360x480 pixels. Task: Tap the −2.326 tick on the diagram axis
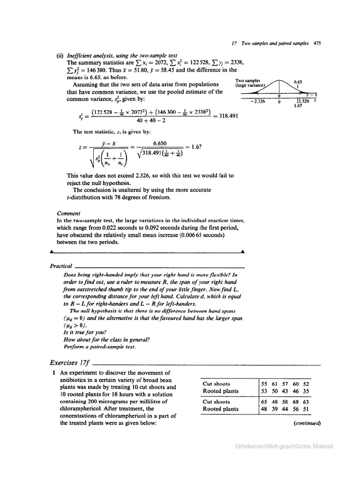pyautogui.click(x=258, y=101)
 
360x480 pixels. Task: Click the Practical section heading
pyautogui.click(x=61, y=266)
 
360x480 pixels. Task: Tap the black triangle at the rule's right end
pyautogui.click(x=242, y=252)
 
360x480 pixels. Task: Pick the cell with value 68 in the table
pyautogui.click(x=295, y=402)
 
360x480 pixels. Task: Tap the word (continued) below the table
pyautogui.click(x=307, y=422)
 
